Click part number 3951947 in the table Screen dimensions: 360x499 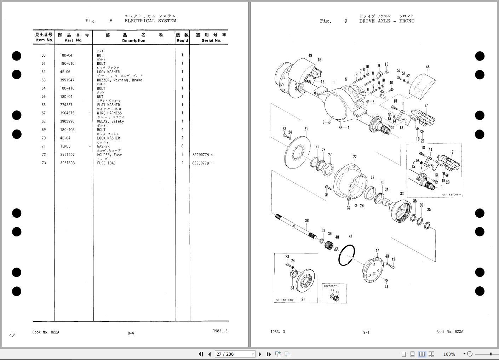[x=67, y=80]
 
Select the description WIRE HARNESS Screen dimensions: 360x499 [x=109, y=113]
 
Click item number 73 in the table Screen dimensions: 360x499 [x=44, y=163]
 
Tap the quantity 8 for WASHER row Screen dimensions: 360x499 [x=182, y=146]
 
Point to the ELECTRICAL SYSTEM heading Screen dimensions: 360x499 [x=150, y=21]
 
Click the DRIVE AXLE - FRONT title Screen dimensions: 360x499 [x=386, y=21]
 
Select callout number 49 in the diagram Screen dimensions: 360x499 [x=310, y=56]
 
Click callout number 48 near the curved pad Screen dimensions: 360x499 [x=428, y=67]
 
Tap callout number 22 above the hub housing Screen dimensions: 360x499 [x=355, y=157]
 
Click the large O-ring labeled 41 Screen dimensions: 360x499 [x=347, y=255]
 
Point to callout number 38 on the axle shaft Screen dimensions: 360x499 [x=307, y=220]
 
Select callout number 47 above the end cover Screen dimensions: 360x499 [x=377, y=251]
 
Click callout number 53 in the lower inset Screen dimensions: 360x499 [x=292, y=288]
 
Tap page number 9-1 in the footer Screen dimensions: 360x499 [x=366, y=332]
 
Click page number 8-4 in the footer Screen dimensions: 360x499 [x=131, y=333]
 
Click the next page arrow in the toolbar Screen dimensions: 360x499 [x=260, y=354]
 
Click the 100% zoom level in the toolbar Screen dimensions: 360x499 [x=449, y=354]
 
